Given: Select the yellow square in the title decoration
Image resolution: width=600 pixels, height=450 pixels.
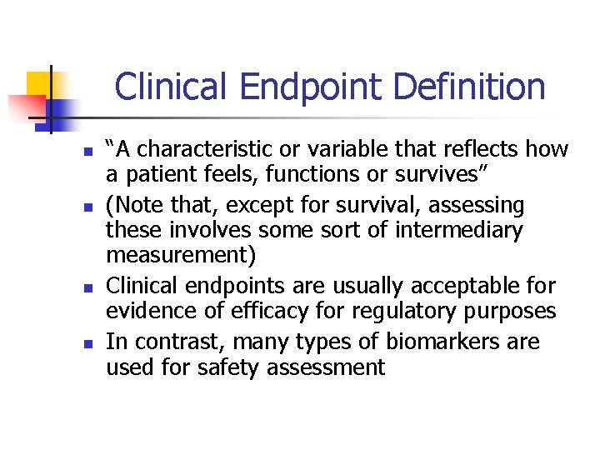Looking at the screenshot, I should (40, 83).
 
